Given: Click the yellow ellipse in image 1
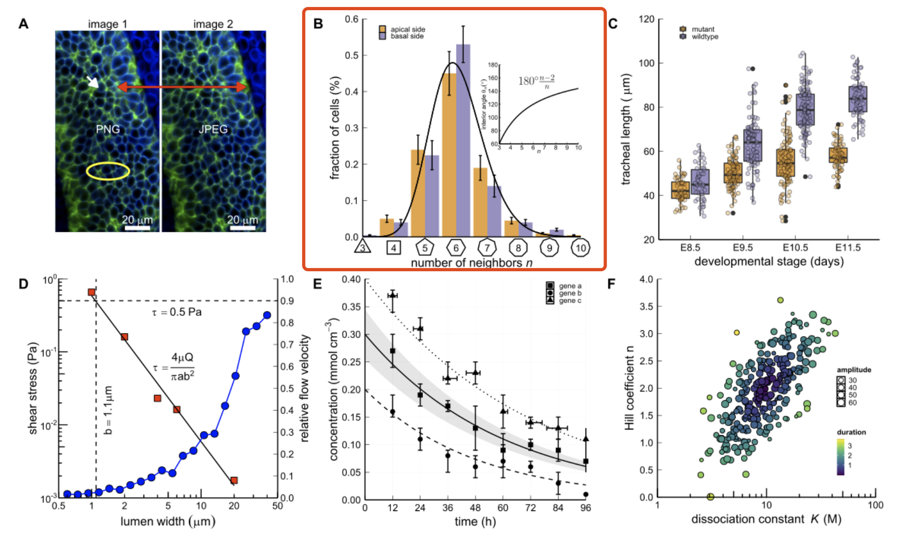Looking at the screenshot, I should [108, 171].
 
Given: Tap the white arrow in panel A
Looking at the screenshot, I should [93, 82].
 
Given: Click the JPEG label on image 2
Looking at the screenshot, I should [213, 129].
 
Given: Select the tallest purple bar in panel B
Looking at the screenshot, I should [463, 141].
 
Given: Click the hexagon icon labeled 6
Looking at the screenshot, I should [456, 248].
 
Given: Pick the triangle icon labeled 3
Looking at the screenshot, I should [362, 247].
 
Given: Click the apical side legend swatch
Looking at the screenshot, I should [382, 29].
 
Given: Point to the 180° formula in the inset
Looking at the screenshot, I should [536, 80].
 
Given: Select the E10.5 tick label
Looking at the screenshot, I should [795, 248].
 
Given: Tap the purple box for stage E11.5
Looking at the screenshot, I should [858, 99].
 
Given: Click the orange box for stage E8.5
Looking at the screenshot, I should [680, 190].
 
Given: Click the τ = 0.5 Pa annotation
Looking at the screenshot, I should [177, 312].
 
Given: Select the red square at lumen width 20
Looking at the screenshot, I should [234, 480].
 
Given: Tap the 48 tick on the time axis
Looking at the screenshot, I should [475, 508].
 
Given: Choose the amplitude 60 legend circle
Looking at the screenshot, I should [841, 403].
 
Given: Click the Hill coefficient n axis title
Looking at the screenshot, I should [630, 388].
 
